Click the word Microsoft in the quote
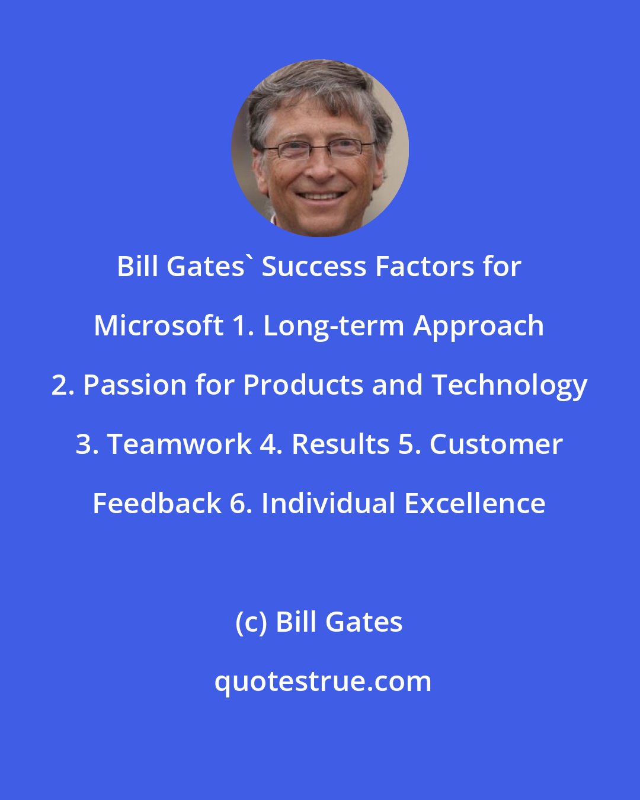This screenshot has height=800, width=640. [158, 326]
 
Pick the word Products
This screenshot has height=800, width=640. [303, 385]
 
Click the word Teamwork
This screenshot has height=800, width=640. [179, 444]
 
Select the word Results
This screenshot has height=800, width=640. [340, 444]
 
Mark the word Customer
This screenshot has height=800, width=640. [496, 444]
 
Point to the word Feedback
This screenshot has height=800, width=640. [157, 504]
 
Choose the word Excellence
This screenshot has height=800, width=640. [475, 504]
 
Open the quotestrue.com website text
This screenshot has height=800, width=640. [322, 681]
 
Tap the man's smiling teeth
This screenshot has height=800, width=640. [320, 195]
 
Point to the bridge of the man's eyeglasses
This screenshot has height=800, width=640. [318, 146]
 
